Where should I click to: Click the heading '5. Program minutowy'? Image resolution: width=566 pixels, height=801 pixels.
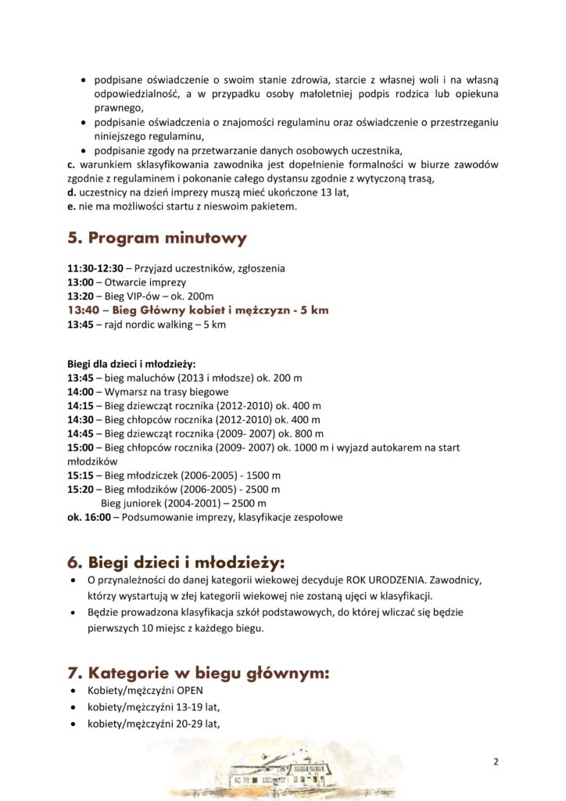click(x=157, y=238)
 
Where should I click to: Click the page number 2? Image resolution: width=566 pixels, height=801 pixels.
click(x=496, y=763)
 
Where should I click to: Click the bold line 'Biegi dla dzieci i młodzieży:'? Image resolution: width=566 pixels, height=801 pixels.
click(x=131, y=364)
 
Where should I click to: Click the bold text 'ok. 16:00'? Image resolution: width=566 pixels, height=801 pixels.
click(x=90, y=517)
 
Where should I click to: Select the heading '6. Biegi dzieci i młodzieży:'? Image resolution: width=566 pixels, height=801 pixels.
click(x=176, y=562)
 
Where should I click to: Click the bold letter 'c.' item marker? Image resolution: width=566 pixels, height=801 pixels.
click(x=72, y=164)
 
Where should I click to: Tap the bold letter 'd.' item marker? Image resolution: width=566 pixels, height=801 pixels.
click(x=72, y=192)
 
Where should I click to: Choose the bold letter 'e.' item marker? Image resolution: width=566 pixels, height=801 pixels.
click(x=72, y=207)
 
